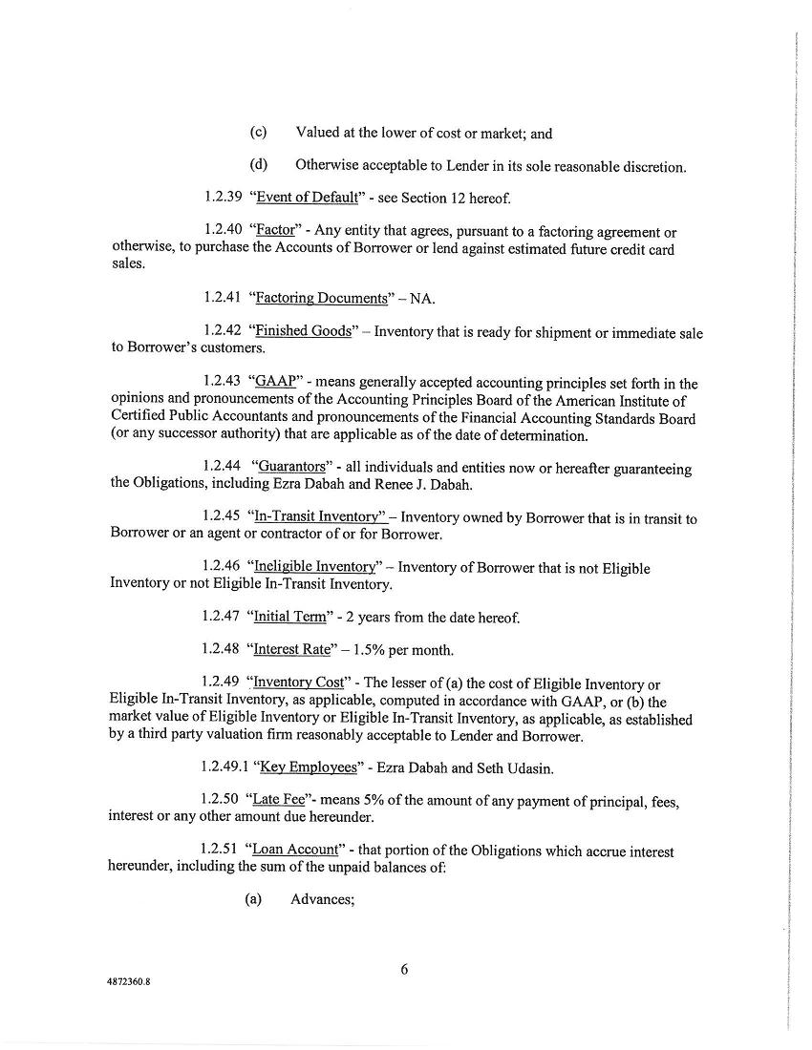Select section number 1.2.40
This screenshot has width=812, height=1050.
coord(225,232)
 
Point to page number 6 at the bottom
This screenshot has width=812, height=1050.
coord(404,970)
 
